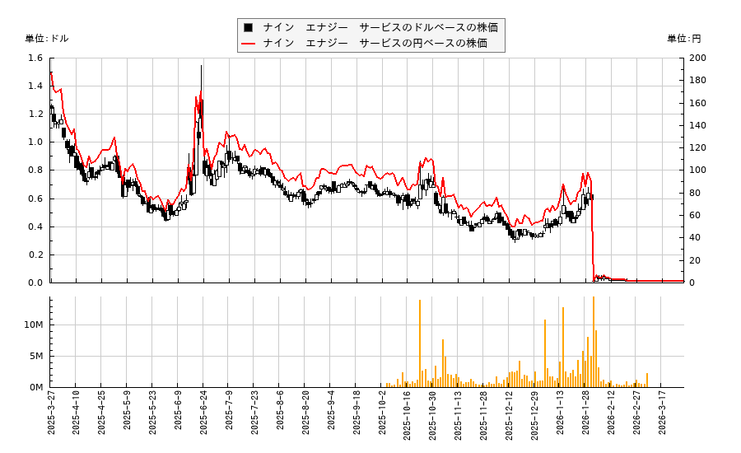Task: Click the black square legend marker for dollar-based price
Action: (248, 27)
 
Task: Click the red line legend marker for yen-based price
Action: (248, 43)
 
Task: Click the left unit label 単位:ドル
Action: (47, 39)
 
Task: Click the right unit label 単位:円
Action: (683, 39)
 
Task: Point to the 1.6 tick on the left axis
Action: (35, 58)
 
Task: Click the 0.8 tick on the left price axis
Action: (35, 170)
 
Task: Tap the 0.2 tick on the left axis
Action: (35, 255)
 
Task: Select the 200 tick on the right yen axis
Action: (697, 58)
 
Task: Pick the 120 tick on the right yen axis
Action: (697, 148)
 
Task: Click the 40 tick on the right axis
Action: (695, 238)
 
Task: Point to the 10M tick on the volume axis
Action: (34, 325)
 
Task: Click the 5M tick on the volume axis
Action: (36, 357)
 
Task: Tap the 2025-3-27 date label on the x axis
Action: (51, 416)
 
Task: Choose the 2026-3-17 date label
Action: (663, 416)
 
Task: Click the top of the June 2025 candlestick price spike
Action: (201, 66)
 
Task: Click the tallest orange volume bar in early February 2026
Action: (593, 298)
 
